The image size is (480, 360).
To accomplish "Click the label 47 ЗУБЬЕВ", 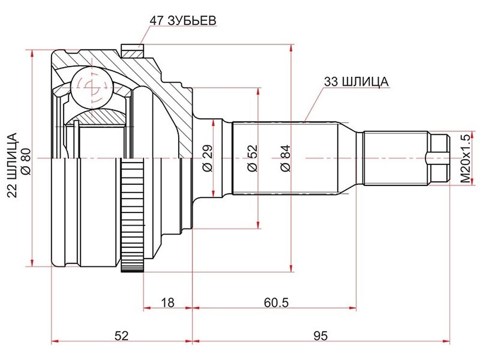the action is tap(183, 21).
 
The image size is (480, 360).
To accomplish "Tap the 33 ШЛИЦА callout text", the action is tap(356, 82).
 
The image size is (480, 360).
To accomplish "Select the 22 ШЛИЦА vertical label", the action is tap(12, 165).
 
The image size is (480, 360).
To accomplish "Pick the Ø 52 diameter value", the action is tap(253, 158).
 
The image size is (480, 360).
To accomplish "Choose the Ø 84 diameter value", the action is tap(285, 158).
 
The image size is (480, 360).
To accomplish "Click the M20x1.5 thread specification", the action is tap(465, 158).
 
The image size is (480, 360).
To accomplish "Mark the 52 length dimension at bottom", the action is tap(121, 336).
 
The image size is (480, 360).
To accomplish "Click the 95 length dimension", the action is tap(321, 336).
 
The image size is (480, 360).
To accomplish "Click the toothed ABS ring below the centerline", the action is tap(132, 216).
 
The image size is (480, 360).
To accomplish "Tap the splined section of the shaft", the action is tap(285, 158).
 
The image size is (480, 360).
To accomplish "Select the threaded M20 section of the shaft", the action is tap(396, 158).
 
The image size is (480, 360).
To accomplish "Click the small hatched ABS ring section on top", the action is tap(132, 51).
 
